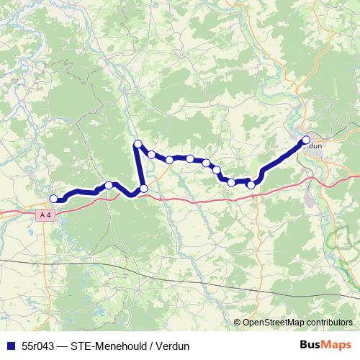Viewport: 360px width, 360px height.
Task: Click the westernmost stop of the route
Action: coord(53,199)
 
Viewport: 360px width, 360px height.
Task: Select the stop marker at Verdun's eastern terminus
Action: coord(306,140)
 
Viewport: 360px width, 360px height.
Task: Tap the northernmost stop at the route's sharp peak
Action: coord(138,144)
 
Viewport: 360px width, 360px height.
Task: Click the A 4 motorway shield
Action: coord(45,215)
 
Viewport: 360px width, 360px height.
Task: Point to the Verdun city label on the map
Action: coord(312,145)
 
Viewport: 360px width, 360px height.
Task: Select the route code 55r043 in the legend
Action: coord(37,346)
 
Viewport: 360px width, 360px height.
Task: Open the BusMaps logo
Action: coord(325,345)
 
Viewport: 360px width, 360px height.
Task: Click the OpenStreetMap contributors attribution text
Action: coord(297,323)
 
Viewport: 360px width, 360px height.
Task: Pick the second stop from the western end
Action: coord(109,185)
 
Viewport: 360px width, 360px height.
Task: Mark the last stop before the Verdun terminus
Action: coord(251,185)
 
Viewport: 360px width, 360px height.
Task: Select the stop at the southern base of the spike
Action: coord(143,189)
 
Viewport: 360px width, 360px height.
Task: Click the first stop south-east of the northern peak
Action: coord(151,154)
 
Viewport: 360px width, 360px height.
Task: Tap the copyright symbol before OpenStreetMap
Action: coord(238,323)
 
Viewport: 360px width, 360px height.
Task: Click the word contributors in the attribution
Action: coord(328,323)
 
